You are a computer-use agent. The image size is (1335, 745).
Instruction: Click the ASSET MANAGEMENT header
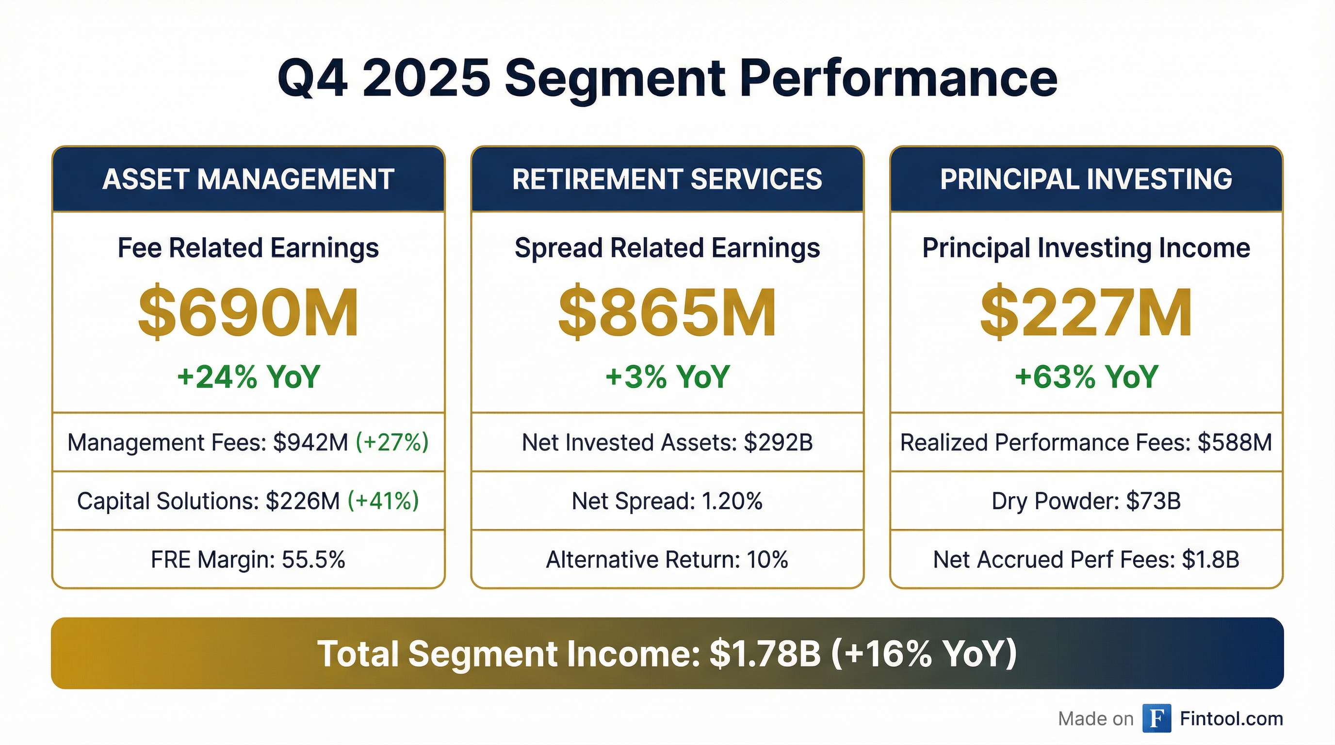click(x=248, y=179)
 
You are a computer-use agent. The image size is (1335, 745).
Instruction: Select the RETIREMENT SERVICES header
click(x=667, y=179)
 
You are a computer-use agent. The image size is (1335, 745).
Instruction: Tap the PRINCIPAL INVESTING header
click(x=1086, y=179)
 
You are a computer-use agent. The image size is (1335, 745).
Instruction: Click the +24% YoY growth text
click(x=248, y=377)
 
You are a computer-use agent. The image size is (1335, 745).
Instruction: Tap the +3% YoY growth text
click(x=667, y=377)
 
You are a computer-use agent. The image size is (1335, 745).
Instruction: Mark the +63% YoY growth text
click(x=1086, y=377)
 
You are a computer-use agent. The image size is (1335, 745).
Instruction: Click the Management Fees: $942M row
click(x=248, y=442)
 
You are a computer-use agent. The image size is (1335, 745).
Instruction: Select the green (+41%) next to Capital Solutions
click(x=383, y=501)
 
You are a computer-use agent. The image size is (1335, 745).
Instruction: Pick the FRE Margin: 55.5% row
click(x=248, y=560)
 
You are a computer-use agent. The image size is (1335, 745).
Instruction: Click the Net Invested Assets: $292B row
click(x=667, y=442)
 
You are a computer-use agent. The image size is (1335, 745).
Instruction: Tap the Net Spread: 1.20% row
click(x=667, y=501)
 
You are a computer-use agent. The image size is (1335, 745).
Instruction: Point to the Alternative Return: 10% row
click(x=667, y=560)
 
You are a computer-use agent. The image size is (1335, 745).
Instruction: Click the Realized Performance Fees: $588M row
click(x=1086, y=442)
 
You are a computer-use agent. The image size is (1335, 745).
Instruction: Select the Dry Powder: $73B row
click(x=1086, y=501)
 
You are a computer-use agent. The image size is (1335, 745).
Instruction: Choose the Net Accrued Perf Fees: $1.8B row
click(x=1086, y=560)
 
